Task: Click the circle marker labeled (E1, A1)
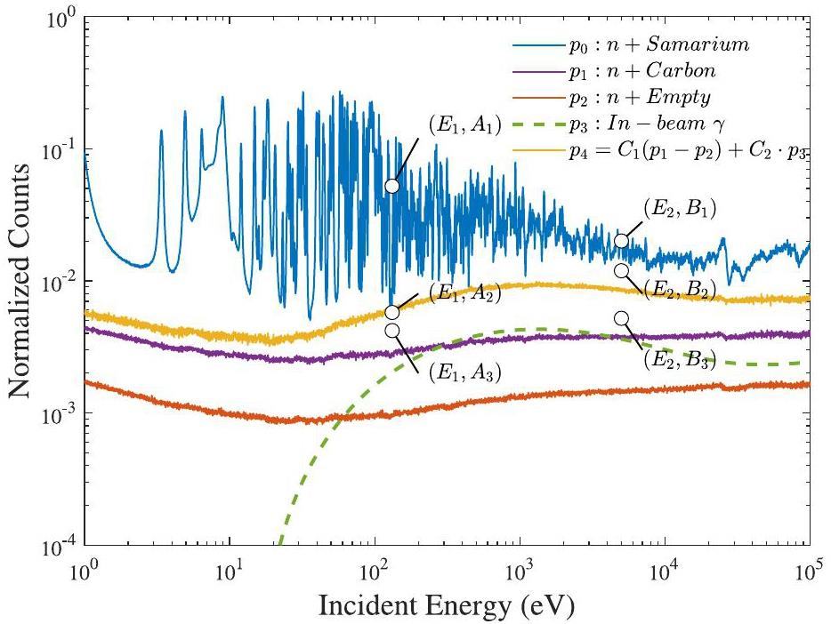(392, 186)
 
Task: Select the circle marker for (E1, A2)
(392, 312)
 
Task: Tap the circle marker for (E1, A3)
(392, 331)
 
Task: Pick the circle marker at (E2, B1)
(621, 241)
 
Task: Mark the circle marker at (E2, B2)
(621, 270)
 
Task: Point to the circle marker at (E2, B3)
(621, 318)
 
